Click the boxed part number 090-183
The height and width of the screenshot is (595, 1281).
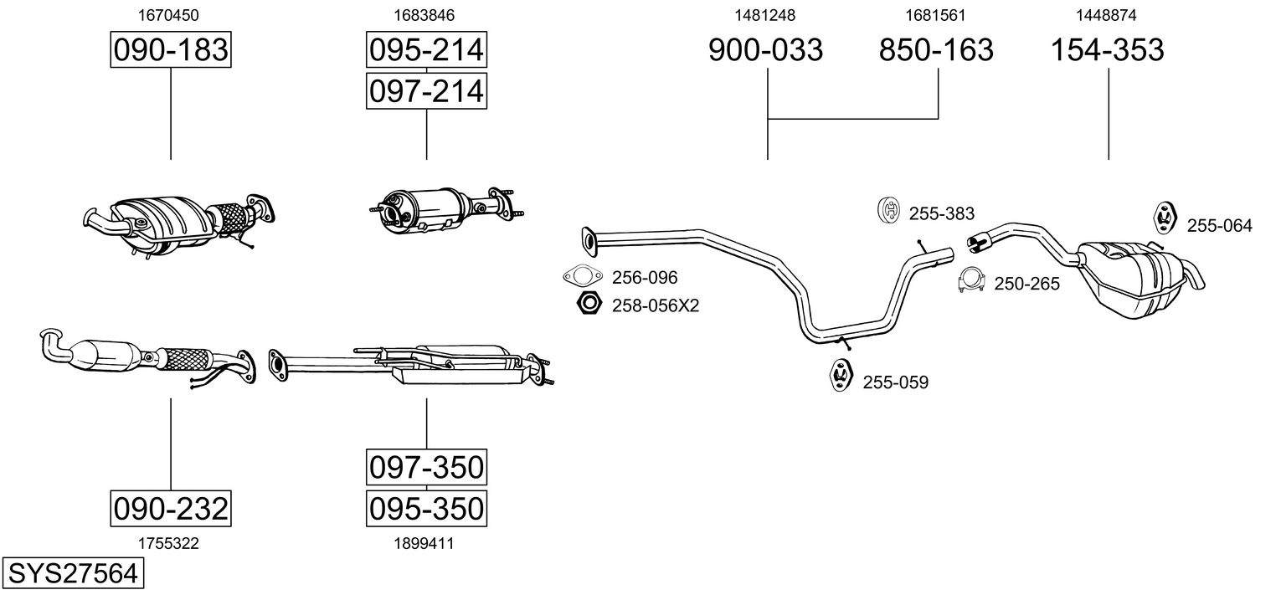[171, 49]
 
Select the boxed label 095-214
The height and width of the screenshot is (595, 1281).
[427, 49]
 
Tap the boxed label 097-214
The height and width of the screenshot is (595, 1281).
[427, 91]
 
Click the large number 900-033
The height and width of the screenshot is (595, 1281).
[766, 49]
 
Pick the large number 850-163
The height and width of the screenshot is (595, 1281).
[936, 49]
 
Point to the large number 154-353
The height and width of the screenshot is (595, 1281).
[1108, 49]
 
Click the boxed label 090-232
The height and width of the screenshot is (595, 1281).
[171, 508]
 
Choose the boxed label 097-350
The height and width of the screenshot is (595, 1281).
[427, 467]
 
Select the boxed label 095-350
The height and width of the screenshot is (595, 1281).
[427, 508]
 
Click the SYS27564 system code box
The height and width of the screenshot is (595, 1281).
[73, 573]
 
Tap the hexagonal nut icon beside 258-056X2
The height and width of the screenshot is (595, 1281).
[589, 303]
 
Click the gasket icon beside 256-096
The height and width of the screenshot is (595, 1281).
[583, 277]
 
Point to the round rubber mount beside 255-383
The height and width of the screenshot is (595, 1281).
[888, 210]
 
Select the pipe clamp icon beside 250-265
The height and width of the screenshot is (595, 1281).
[971, 280]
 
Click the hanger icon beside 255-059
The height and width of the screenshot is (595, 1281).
[841, 375]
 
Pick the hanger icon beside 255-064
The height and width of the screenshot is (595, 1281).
[1164, 218]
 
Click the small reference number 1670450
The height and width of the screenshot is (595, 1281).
[168, 15]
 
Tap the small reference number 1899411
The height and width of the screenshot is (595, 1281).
[424, 544]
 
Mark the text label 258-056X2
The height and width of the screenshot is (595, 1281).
[656, 305]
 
